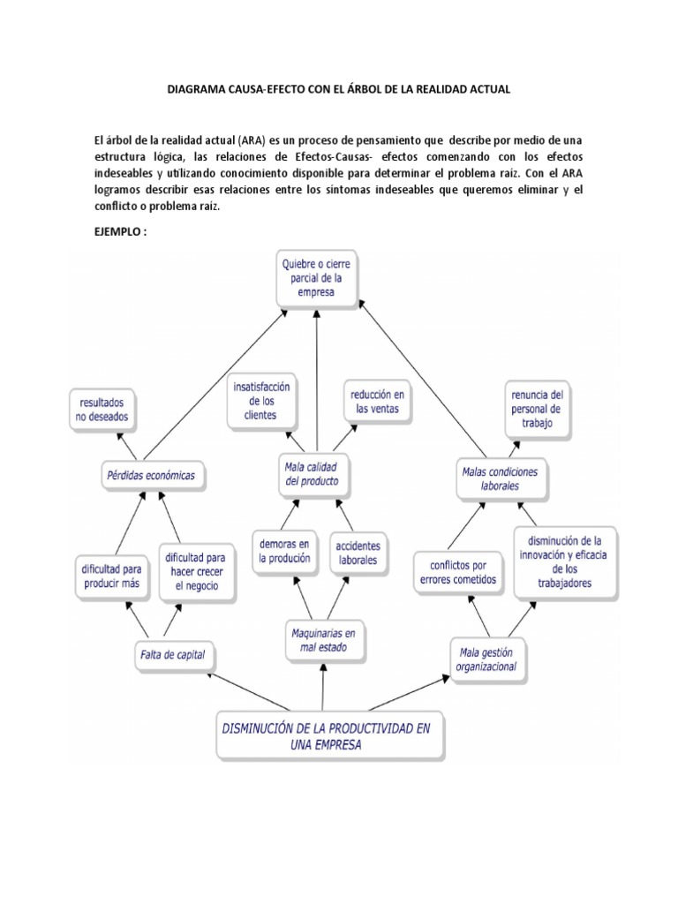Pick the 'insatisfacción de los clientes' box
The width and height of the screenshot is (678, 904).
tap(262, 400)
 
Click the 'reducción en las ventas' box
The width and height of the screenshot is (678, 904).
tap(375, 402)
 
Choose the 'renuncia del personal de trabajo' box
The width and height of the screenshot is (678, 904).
tap(538, 408)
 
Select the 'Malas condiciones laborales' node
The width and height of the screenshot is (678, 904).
tap(500, 478)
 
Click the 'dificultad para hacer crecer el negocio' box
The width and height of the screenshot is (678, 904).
tap(195, 571)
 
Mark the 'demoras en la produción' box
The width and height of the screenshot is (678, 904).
tap(284, 551)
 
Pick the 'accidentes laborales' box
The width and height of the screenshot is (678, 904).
tap(357, 552)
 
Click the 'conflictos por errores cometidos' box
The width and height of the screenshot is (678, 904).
tap(454, 573)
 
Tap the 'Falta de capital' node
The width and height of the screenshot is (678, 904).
tap(177, 654)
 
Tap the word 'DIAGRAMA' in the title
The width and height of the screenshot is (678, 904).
tap(200, 91)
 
